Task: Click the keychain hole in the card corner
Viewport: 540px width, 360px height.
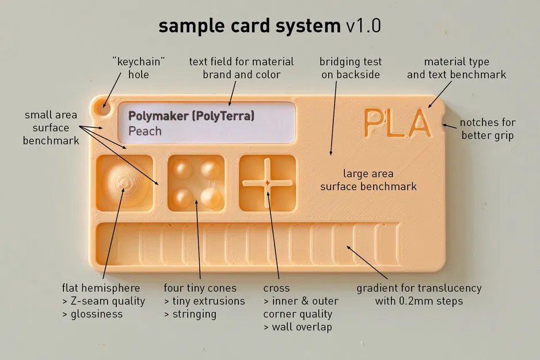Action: click(x=104, y=106)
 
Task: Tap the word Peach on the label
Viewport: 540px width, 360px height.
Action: click(x=145, y=131)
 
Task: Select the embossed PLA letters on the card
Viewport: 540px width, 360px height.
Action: click(x=397, y=122)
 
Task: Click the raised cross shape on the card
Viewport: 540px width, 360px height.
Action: click(x=268, y=183)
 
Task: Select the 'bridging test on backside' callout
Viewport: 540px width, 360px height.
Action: click(x=351, y=68)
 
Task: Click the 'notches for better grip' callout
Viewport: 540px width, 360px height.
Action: click(x=488, y=129)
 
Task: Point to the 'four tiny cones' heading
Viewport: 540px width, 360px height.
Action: click(x=200, y=288)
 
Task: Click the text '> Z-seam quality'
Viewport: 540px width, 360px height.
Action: click(x=104, y=301)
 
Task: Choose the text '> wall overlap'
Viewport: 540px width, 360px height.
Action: click(x=298, y=327)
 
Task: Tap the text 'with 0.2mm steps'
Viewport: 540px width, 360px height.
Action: click(x=419, y=301)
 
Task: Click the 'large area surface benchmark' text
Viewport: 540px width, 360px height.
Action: click(x=368, y=180)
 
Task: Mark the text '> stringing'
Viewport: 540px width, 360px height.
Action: click(x=190, y=314)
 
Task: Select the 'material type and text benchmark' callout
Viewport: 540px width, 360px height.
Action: click(x=457, y=68)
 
